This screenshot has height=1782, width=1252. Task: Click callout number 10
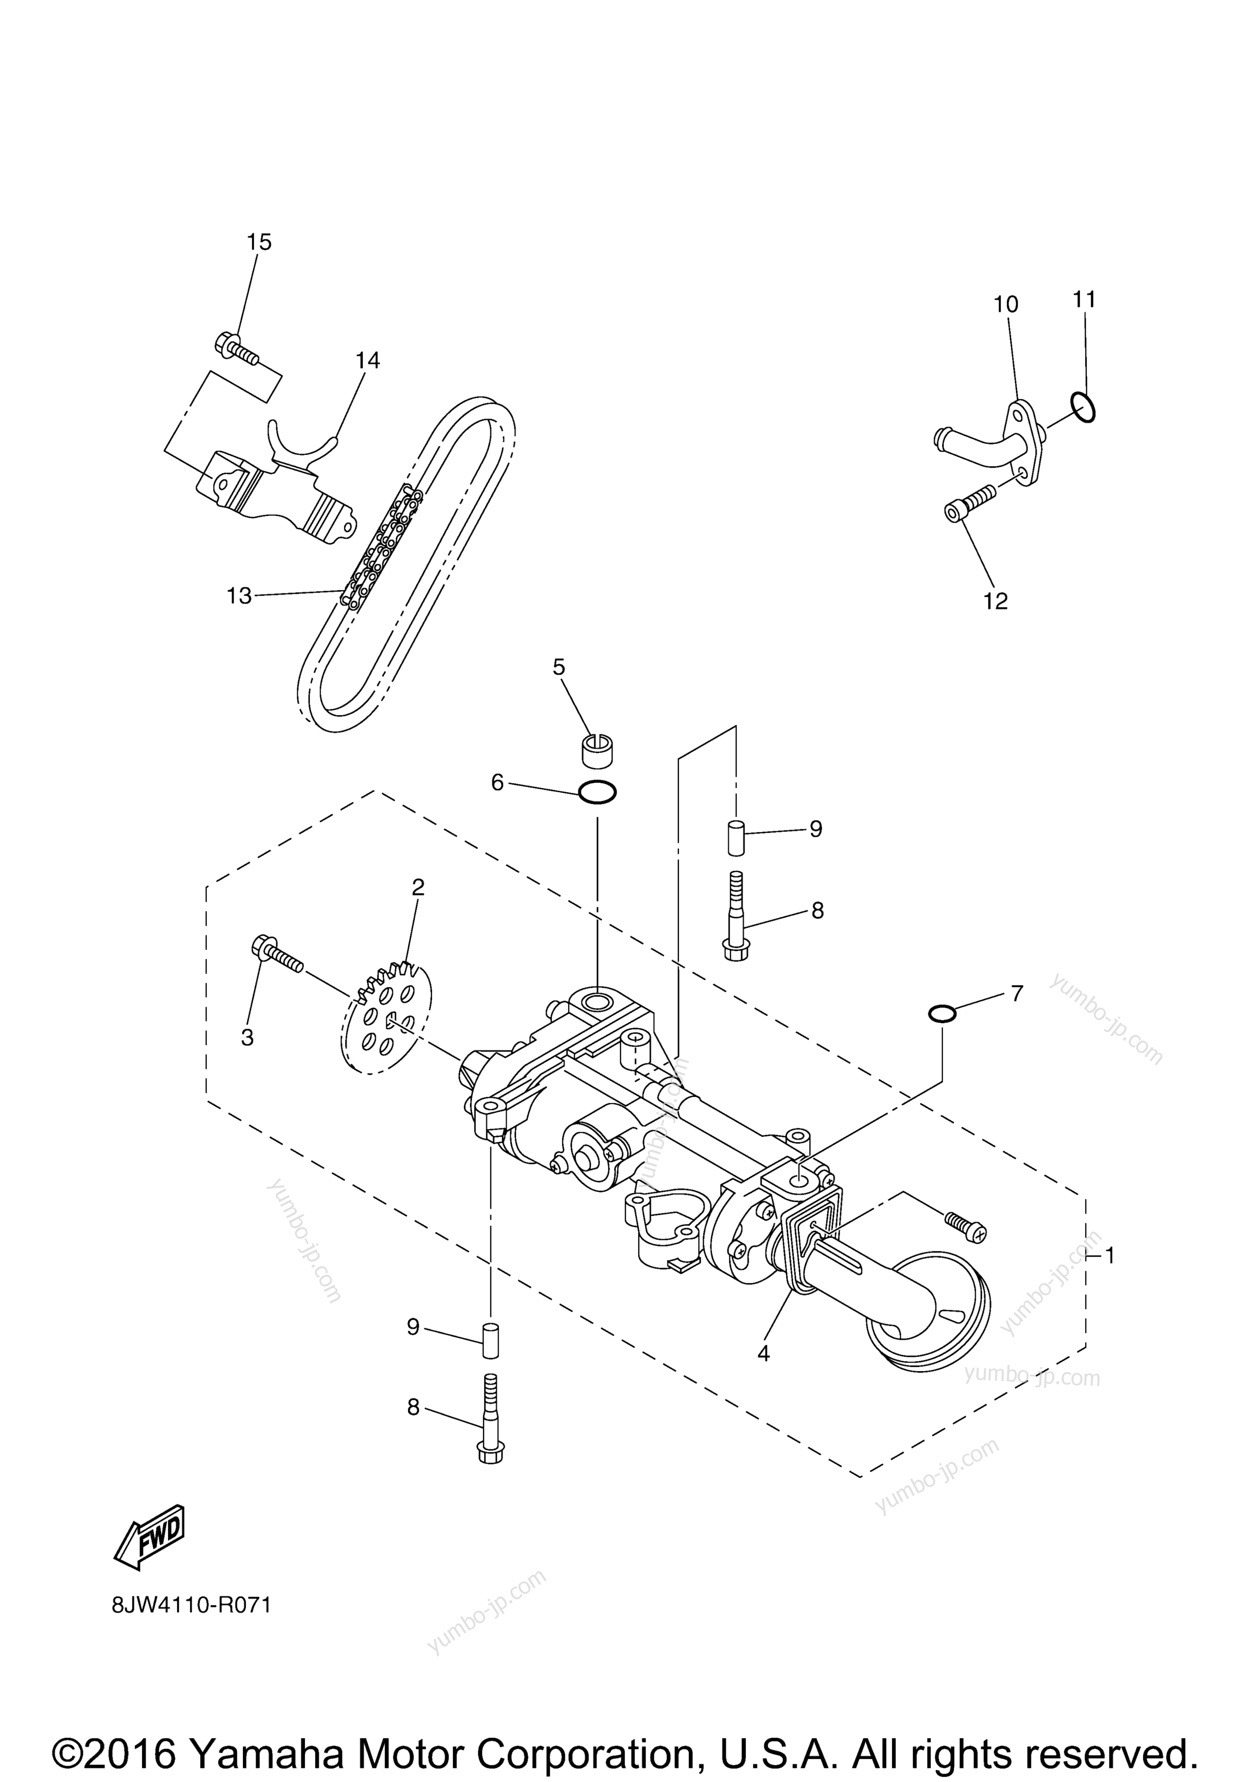click(x=1006, y=304)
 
